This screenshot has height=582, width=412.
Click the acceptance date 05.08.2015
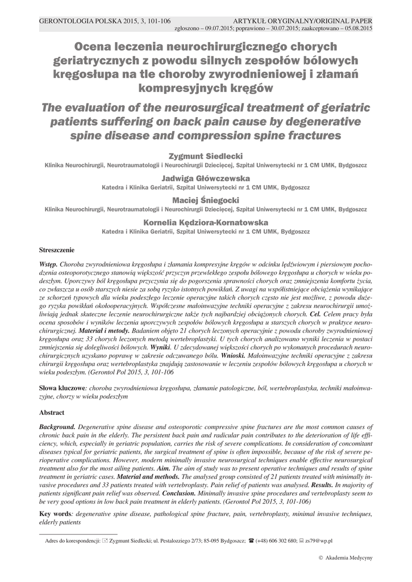tap(356, 29)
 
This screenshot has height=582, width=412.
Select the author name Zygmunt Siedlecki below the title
tap(206, 155)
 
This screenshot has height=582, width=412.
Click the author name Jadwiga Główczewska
tap(206, 178)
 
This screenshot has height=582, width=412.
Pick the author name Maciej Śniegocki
tap(206, 200)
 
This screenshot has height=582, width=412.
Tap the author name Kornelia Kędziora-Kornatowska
tap(206, 222)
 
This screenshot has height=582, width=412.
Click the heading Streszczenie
tap(57, 250)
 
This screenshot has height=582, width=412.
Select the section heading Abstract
tap(52, 412)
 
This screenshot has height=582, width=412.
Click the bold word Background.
tap(57, 426)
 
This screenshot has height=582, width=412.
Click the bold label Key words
tap(55, 514)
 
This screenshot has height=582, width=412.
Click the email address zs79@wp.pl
tap(319, 542)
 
